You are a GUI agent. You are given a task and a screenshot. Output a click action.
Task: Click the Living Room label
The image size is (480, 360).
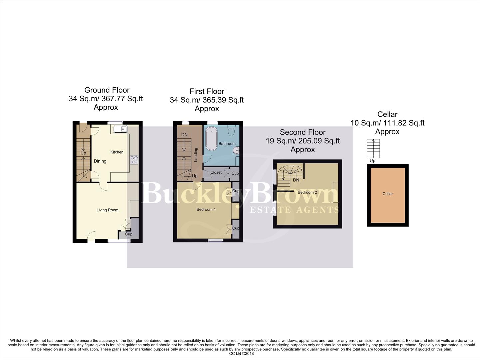click(x=107, y=210)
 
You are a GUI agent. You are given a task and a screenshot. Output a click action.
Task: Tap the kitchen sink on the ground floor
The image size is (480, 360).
click(x=120, y=129)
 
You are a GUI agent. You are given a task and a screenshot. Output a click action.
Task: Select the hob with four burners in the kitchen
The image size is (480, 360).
click(x=134, y=160)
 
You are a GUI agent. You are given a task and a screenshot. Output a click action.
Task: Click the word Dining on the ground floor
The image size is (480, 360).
click(x=100, y=161)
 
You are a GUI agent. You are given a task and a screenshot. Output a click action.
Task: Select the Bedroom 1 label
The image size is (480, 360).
click(x=206, y=209)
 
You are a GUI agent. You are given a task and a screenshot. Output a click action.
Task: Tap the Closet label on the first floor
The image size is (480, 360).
click(x=216, y=172)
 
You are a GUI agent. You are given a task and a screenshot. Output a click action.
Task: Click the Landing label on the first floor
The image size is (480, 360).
click(x=196, y=155)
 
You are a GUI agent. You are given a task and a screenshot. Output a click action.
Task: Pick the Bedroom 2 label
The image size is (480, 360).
click(x=307, y=192)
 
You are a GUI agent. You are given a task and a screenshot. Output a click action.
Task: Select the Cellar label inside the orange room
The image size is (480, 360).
click(x=388, y=194)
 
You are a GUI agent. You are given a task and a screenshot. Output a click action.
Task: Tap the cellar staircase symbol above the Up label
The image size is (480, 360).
click(x=373, y=148)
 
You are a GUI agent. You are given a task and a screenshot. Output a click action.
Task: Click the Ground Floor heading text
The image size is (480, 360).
click(x=107, y=90)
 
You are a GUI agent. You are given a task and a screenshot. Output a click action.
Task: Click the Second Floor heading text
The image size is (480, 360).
click(x=303, y=132)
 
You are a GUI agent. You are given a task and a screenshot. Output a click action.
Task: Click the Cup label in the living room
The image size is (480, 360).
click(x=129, y=234)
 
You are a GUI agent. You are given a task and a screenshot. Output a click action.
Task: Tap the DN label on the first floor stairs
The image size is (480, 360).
click(x=184, y=135)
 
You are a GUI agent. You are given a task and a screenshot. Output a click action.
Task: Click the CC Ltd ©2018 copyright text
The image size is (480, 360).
click(x=241, y=353)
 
